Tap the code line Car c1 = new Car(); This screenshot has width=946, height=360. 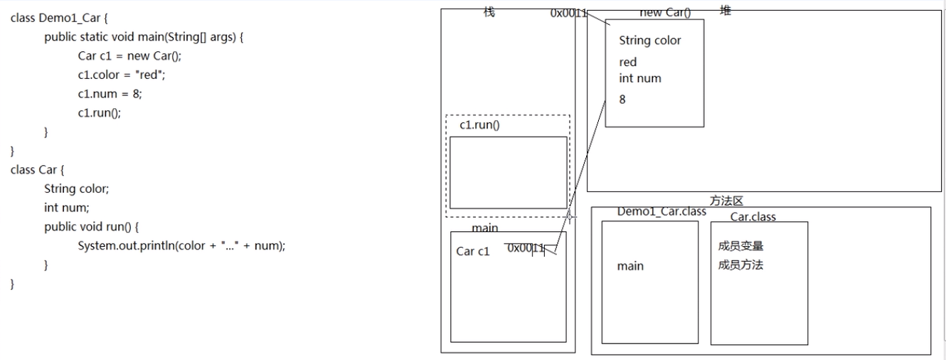tap(134, 56)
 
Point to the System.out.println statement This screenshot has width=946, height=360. tap(181, 246)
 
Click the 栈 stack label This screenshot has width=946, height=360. tap(489, 12)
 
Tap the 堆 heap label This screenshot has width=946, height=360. tap(725, 11)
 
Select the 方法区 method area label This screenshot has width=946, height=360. tap(726, 201)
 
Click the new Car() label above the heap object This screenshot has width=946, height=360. tap(665, 13)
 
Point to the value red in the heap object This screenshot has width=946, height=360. tap(628, 62)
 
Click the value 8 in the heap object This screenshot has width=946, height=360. tap(622, 100)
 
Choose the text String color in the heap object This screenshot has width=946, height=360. tap(649, 41)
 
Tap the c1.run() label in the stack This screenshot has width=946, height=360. tap(479, 125)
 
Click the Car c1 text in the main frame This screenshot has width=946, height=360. tap(473, 251)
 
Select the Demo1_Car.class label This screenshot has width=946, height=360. tap(661, 211)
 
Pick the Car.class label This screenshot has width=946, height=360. tap(753, 216)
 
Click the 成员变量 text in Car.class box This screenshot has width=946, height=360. tap(741, 247)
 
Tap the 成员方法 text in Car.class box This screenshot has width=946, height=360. tap(741, 265)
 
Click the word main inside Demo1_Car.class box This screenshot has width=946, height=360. tap(630, 266)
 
